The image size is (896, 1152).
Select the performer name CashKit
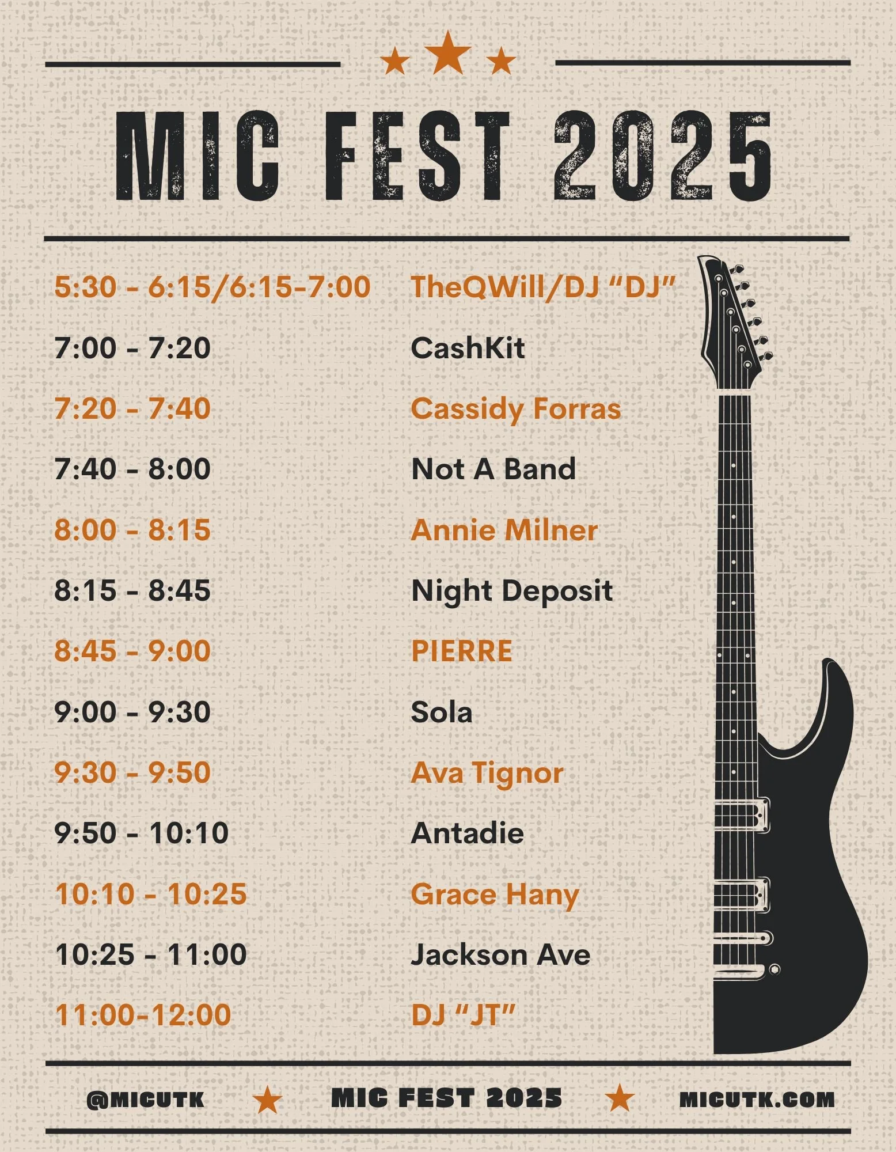click(x=468, y=348)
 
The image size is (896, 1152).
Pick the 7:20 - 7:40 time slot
click(x=132, y=409)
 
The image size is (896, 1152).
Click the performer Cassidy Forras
click(x=516, y=409)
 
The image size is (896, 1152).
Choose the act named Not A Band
click(x=493, y=469)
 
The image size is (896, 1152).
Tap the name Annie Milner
click(x=504, y=530)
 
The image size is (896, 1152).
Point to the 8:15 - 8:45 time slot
click(x=132, y=591)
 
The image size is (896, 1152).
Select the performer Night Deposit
click(x=512, y=591)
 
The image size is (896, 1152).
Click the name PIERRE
click(x=461, y=651)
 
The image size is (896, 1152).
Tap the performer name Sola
click(x=442, y=713)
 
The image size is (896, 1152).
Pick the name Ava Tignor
click(x=487, y=773)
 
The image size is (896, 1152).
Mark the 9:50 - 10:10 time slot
click(x=142, y=833)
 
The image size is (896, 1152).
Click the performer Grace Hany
click(x=495, y=895)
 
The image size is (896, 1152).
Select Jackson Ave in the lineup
click(x=500, y=955)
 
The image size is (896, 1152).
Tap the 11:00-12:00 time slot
click(x=143, y=1015)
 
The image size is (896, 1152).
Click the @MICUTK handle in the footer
click(x=145, y=1100)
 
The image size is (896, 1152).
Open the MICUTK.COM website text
click(x=757, y=1100)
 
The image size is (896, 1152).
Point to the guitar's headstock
click(x=732, y=320)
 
